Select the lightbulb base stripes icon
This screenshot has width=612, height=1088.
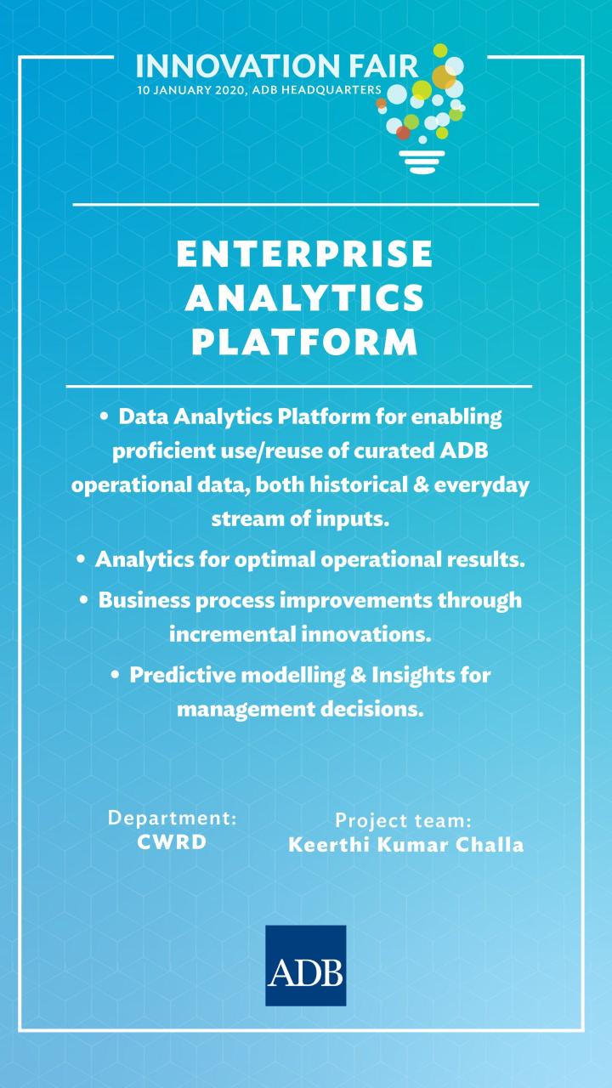pyautogui.click(x=422, y=161)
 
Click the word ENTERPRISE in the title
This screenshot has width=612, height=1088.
pyautogui.click(x=304, y=253)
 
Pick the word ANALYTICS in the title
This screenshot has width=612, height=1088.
pyautogui.click(x=304, y=297)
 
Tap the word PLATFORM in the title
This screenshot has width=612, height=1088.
pyautogui.click(x=304, y=342)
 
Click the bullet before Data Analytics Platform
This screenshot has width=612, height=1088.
pyautogui.click(x=104, y=416)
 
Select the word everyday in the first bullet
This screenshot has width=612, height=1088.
pyautogui.click(x=481, y=485)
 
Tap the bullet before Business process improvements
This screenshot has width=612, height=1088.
pyautogui.click(x=84, y=600)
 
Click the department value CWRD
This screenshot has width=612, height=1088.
pyautogui.click(x=172, y=842)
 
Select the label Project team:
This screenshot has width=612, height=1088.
pyautogui.click(x=403, y=821)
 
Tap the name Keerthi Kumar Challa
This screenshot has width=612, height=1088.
pyautogui.click(x=406, y=845)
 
